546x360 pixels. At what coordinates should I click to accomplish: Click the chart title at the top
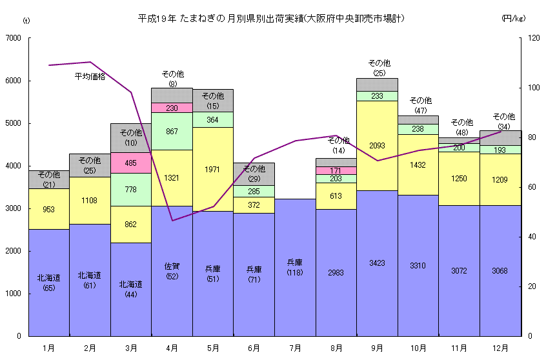(272, 18)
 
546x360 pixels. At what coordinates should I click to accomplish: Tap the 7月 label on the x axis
(296, 348)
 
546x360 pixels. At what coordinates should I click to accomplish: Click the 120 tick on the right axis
(534, 39)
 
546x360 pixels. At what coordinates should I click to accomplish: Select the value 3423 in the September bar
(377, 263)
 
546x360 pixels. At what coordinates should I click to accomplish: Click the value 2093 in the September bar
(377, 145)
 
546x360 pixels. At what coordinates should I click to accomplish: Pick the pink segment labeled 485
(131, 163)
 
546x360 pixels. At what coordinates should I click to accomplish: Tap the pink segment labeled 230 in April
(172, 108)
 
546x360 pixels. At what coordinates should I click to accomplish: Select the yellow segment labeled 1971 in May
(213, 169)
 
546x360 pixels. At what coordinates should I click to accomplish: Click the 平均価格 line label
(90, 76)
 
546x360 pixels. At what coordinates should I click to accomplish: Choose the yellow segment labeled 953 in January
(49, 209)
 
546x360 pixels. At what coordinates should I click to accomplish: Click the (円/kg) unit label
(514, 19)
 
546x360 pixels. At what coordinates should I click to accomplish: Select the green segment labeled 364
(213, 119)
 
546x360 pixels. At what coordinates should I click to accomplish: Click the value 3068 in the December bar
(500, 271)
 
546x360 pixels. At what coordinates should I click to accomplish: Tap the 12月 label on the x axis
(500, 348)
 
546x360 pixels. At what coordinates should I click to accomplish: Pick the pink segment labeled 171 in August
(336, 170)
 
